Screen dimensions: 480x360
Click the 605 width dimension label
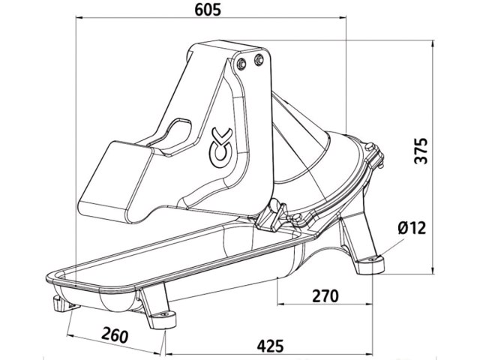(208, 10)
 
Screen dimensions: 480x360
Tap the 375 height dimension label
(420, 151)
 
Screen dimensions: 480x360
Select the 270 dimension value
(325, 296)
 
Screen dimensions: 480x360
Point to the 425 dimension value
(270, 346)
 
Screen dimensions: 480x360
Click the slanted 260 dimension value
(115, 335)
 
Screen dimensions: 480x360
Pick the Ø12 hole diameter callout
(412, 228)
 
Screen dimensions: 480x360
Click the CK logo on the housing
(220, 148)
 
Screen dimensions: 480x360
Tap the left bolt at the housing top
(241, 62)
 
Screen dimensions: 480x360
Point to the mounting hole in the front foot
(165, 314)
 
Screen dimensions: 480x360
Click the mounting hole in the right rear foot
(373, 259)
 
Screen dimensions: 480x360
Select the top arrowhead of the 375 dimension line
(432, 43)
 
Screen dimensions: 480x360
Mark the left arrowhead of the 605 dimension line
(79, 18)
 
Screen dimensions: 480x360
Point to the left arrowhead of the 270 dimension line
(280, 304)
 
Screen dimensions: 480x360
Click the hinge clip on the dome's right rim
(375, 155)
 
